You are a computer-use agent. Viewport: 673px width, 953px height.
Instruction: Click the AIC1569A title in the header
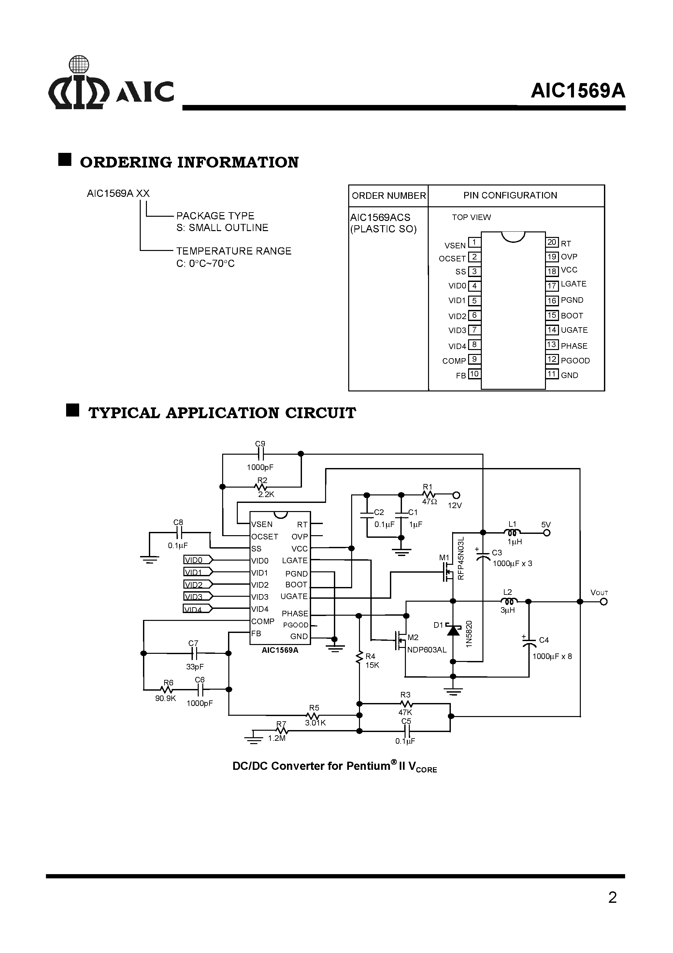click(578, 91)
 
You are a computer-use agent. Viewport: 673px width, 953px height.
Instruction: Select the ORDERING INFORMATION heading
click(189, 162)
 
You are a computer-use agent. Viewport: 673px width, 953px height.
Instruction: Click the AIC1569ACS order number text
click(380, 217)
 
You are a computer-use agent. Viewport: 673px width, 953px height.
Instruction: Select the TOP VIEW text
click(471, 217)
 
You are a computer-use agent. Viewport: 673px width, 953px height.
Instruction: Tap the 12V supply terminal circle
click(456, 495)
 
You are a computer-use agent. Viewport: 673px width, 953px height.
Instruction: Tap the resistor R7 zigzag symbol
click(282, 730)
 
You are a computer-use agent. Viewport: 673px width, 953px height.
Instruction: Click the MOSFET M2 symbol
click(400, 640)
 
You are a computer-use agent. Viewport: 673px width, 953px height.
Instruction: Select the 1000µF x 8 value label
click(552, 656)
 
